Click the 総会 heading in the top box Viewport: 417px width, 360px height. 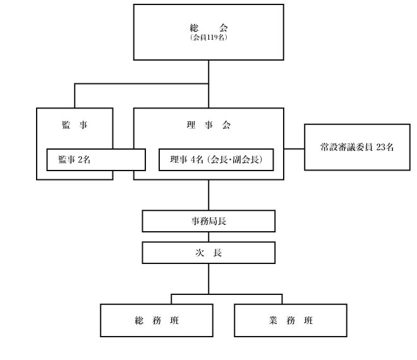(x=208, y=28)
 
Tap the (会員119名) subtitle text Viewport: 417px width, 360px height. (x=208, y=37)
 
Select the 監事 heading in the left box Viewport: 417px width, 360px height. (x=75, y=124)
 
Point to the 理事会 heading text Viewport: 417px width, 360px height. (x=208, y=124)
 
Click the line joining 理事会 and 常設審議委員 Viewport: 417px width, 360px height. (x=294, y=149)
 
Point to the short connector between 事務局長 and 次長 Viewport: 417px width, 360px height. (x=208, y=237)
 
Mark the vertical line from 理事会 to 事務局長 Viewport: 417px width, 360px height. (x=208, y=195)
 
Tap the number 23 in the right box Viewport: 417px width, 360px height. (x=380, y=147)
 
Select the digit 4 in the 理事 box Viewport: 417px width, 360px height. (x=193, y=160)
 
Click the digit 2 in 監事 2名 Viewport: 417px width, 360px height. (x=80, y=160)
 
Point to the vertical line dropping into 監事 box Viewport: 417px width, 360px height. (x=75, y=96)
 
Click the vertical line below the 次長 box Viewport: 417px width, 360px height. (x=208, y=279)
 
